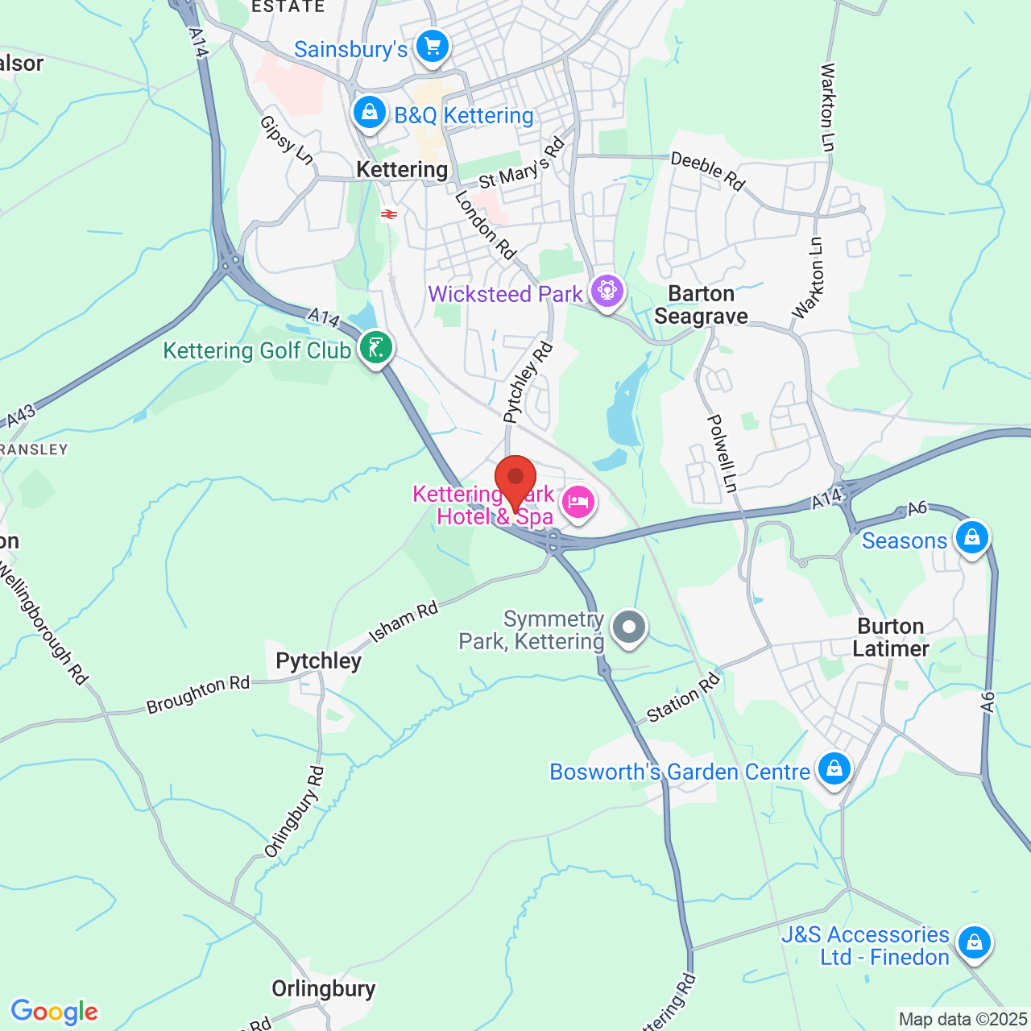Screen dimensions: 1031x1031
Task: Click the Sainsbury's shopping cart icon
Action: (x=433, y=46)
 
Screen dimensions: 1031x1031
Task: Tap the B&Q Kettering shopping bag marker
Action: (x=370, y=111)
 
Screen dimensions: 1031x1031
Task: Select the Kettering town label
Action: (x=402, y=169)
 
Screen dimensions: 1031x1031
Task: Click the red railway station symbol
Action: (x=389, y=214)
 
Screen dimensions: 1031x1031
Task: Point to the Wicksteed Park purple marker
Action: (x=607, y=290)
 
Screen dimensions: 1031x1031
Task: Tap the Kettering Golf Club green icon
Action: (x=376, y=347)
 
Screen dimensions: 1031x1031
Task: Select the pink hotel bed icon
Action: (x=578, y=503)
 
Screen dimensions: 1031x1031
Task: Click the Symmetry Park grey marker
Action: (x=629, y=627)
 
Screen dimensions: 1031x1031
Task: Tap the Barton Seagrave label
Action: (x=701, y=304)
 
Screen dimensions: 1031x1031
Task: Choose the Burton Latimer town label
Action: (x=890, y=637)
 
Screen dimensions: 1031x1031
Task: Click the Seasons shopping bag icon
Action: (x=971, y=536)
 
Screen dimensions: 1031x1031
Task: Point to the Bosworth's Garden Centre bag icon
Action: (x=834, y=768)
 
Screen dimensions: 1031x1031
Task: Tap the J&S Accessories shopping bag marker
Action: (x=974, y=941)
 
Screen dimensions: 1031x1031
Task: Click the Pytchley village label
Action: (x=318, y=660)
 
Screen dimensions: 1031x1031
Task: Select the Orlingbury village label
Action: (x=324, y=988)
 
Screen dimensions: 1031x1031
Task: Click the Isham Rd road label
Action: (x=404, y=622)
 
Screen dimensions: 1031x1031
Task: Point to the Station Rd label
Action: (x=683, y=698)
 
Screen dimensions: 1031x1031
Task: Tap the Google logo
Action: (x=55, y=1011)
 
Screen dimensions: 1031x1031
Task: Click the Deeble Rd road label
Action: (x=708, y=171)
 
